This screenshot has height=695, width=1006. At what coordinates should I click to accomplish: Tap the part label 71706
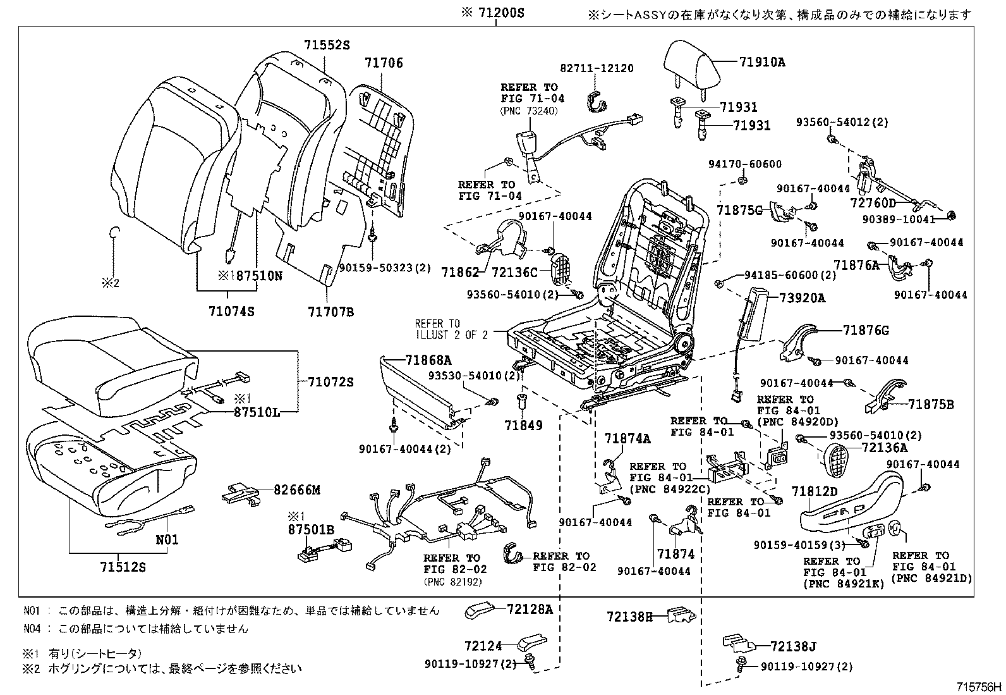[384, 63]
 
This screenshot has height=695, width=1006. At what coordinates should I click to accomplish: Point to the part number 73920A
[802, 298]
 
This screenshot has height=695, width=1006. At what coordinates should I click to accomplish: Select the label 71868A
[428, 360]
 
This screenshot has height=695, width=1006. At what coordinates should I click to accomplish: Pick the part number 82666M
[297, 489]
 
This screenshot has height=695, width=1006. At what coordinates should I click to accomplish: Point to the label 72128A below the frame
[530, 609]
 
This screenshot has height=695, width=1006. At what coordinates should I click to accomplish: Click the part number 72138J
[794, 646]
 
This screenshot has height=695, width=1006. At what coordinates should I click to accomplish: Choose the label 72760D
[873, 202]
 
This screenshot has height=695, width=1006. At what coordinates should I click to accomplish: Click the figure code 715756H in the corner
[978, 686]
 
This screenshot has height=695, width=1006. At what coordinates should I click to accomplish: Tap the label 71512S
[122, 567]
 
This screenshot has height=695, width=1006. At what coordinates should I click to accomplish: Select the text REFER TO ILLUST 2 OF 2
[451, 329]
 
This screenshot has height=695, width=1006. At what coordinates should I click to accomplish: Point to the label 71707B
[330, 311]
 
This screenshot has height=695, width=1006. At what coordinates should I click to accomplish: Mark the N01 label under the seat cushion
[167, 539]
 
